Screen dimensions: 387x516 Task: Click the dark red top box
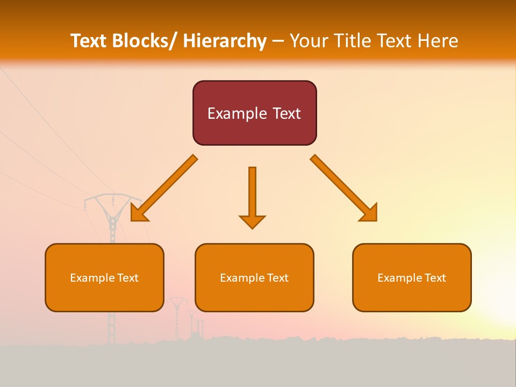[x=254, y=113]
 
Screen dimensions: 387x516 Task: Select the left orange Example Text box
[x=104, y=277]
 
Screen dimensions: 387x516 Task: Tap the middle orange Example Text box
[x=254, y=277]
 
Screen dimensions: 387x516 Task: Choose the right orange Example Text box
[x=412, y=277]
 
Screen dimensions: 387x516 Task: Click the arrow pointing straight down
[x=252, y=196]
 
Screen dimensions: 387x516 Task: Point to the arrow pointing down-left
[x=164, y=188]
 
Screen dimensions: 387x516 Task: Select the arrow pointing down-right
[x=344, y=188]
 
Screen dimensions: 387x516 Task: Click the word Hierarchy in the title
[x=225, y=41]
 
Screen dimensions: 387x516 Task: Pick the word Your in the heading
[x=309, y=41]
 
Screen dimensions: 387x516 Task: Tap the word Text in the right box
[x=435, y=277]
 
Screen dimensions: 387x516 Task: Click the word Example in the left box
[x=92, y=278]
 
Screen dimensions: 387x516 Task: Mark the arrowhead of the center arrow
[x=252, y=221]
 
